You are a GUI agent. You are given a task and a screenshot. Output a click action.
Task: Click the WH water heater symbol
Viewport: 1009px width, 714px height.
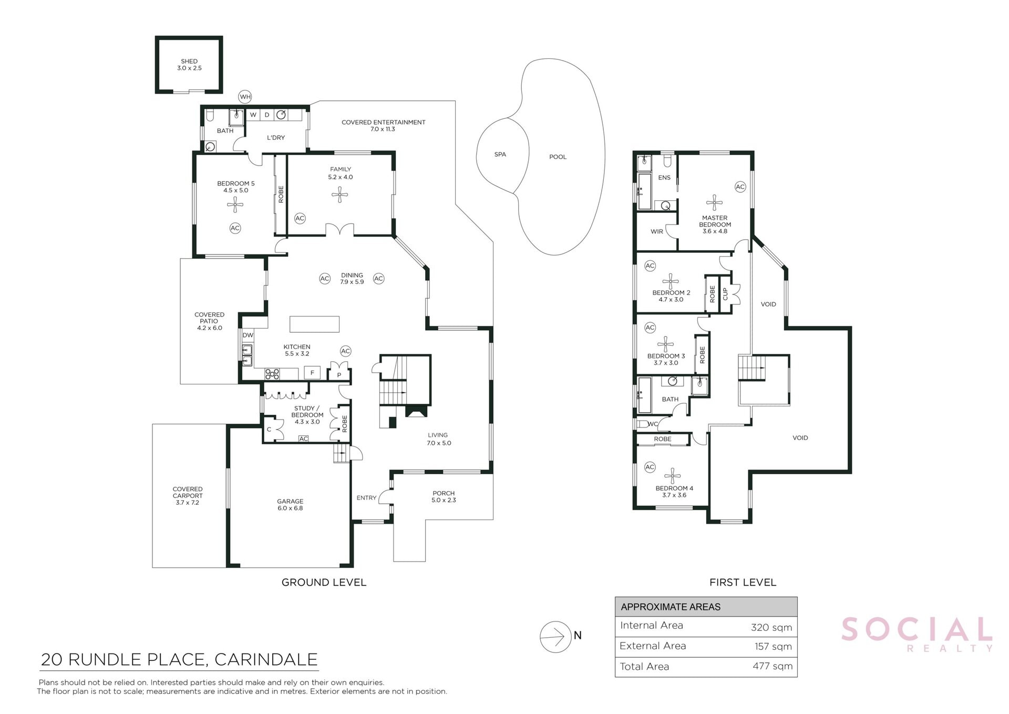point(245,97)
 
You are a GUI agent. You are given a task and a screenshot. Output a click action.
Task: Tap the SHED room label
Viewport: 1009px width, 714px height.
point(189,62)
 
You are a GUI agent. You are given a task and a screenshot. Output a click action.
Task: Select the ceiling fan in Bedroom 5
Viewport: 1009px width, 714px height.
point(235,205)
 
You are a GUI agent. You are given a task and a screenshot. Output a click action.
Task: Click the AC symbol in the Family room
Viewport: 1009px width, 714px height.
point(300,218)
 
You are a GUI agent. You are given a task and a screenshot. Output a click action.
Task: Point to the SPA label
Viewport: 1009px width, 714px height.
point(500,155)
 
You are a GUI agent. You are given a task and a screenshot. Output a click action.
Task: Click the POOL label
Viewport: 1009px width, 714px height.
point(558,157)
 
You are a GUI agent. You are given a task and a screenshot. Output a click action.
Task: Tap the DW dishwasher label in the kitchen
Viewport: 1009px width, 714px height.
point(248,335)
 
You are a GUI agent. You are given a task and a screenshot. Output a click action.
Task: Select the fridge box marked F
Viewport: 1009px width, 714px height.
point(312,373)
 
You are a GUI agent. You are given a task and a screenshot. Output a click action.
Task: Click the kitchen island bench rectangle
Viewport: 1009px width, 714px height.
point(314,324)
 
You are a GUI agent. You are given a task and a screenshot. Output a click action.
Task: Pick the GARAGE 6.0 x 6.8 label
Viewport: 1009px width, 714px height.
point(290,505)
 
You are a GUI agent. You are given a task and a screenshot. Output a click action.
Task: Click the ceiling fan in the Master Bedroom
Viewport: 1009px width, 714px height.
point(714,203)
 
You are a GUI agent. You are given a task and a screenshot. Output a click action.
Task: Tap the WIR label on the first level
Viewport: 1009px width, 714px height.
point(657,231)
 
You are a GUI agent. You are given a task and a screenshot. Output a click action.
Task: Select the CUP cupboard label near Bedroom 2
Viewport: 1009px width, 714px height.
point(725,294)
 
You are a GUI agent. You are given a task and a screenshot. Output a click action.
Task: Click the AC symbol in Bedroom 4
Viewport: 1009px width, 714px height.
point(650,467)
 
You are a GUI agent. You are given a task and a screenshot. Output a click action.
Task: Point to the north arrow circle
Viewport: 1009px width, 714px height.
point(555,637)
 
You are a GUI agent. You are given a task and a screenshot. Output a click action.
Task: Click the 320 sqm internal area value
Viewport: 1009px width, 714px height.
point(771,627)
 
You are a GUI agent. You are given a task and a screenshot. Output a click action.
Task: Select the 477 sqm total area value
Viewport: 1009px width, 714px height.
point(772,666)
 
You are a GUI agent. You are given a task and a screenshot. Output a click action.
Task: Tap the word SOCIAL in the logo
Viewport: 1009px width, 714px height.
point(917,629)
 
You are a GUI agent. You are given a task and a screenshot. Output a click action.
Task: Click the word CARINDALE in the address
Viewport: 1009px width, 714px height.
point(266,659)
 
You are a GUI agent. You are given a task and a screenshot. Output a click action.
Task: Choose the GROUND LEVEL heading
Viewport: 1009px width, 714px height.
point(324,582)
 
